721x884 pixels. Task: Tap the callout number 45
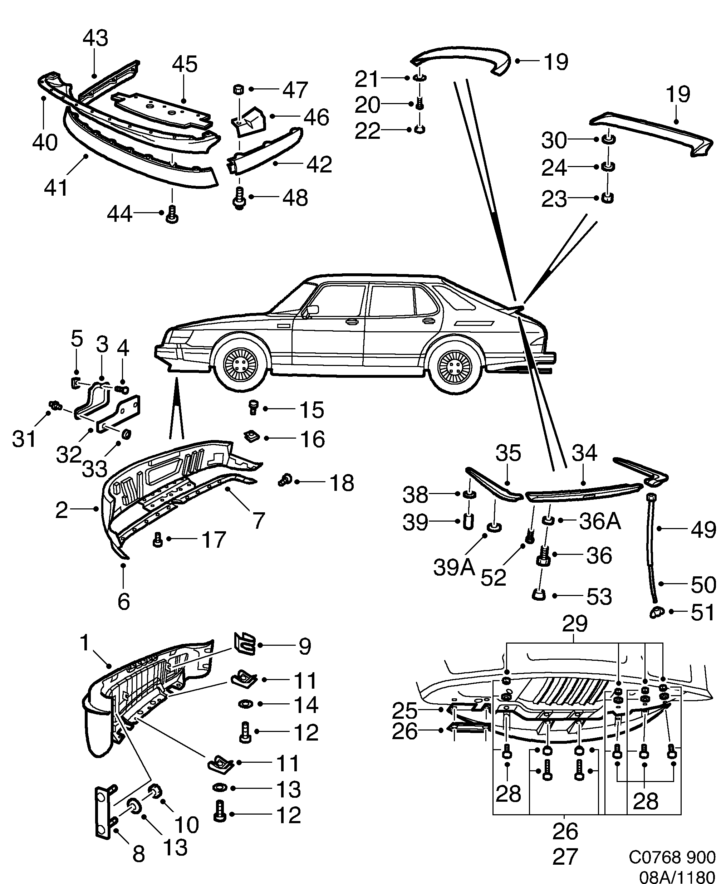[185, 64]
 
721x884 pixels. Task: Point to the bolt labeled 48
[240, 198]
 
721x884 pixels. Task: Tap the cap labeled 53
[539, 595]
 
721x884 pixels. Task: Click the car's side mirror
[313, 309]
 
